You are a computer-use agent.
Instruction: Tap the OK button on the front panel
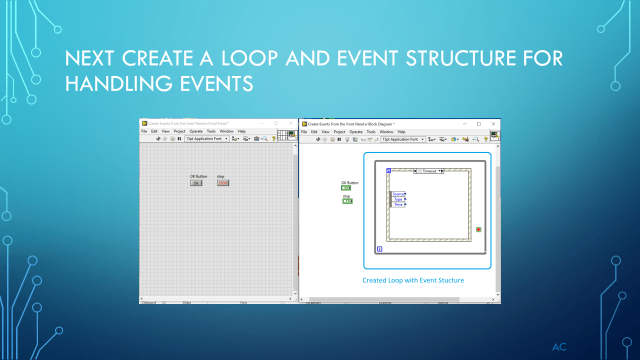pos(197,183)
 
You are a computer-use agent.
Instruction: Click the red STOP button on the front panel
pos(223,183)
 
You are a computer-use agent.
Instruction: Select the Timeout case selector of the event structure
pos(430,171)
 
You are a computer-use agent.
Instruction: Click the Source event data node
pos(398,194)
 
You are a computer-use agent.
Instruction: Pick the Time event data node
pos(398,204)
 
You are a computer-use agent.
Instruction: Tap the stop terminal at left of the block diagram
pos(348,201)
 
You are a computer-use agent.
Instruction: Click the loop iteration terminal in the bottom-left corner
pos(379,248)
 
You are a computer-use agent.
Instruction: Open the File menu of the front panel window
pos(144,131)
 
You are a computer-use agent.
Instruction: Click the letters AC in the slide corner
pos(560,345)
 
